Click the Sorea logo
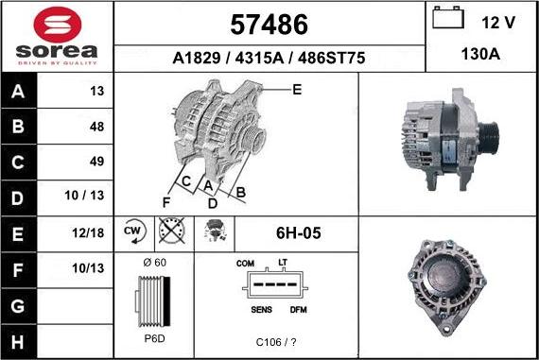pos(57,36)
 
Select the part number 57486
pos(269,23)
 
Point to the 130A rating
pos(481,56)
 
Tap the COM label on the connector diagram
pos(246,264)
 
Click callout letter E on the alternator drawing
pos(297,90)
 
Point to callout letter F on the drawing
pos(165,202)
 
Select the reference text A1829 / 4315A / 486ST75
pos(269,58)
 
